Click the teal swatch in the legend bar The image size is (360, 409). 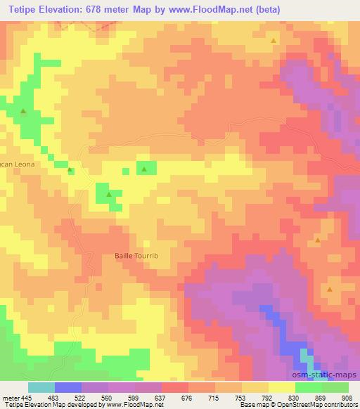tap(41, 387)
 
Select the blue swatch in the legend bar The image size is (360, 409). tap(68, 387)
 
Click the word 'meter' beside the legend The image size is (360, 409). tap(10, 397)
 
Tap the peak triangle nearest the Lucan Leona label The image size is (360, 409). tap(70, 170)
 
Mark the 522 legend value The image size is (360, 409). tap(82, 397)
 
